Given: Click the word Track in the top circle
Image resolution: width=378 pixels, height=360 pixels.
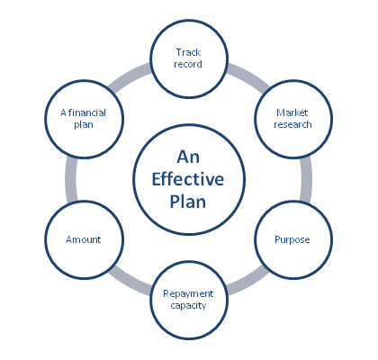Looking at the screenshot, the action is [188, 52].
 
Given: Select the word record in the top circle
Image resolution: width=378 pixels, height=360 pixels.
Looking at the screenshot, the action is [188, 64].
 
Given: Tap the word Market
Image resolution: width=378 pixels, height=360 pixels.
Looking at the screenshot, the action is [292, 112].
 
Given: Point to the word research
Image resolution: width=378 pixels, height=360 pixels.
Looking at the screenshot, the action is [292, 124].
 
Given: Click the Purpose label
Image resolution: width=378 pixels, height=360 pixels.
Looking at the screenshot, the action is [292, 240].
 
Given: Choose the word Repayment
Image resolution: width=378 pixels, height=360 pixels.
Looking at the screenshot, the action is [188, 293].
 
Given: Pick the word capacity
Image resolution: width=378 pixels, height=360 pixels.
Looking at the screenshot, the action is [188, 306].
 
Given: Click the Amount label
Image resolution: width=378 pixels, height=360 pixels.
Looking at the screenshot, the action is [84, 239].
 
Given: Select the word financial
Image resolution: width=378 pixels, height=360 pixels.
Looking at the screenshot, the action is [87, 112].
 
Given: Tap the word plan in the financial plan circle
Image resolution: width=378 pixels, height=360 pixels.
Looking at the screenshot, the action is [84, 124].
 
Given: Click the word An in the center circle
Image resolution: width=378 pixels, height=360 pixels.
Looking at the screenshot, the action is [188, 157].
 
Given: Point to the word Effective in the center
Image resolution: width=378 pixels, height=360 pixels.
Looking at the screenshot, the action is [188, 179].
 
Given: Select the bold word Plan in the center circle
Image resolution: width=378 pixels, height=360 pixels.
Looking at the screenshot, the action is [188, 202].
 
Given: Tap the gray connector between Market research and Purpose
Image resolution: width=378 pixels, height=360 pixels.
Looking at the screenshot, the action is [306, 179].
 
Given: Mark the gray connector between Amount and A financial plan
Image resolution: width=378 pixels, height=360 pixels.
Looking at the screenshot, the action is [71, 179].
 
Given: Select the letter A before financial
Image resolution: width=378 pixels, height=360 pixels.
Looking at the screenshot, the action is [63, 112].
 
